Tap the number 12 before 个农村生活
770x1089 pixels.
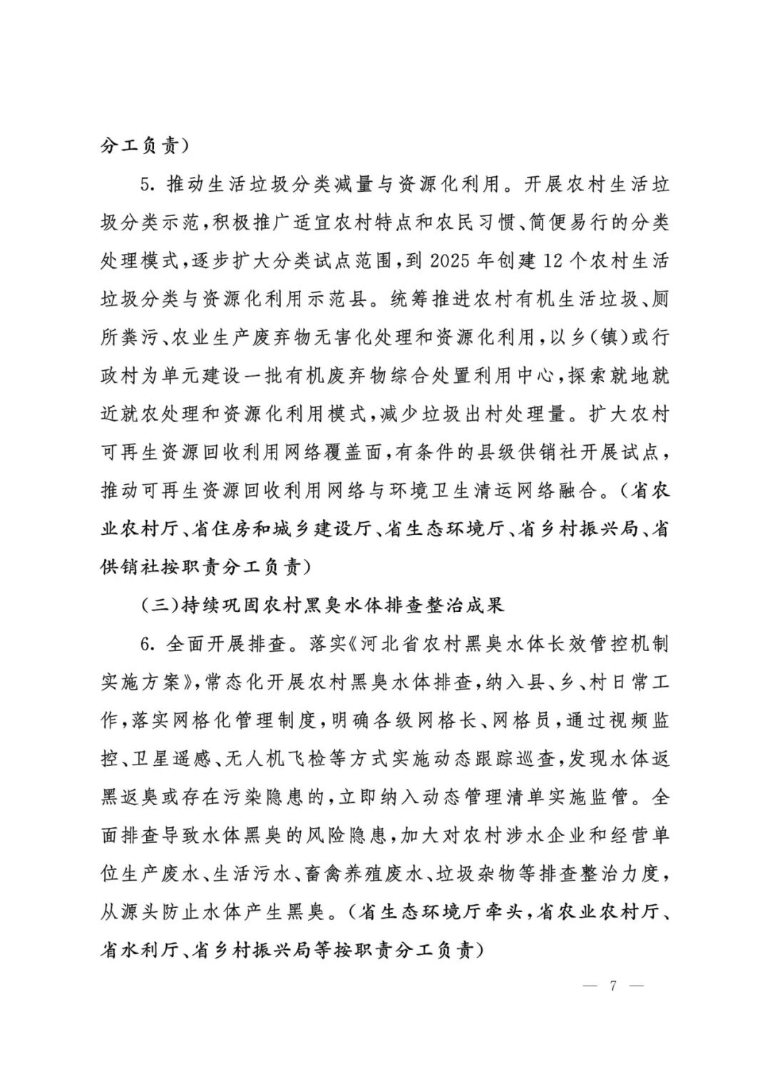[x=554, y=260]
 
